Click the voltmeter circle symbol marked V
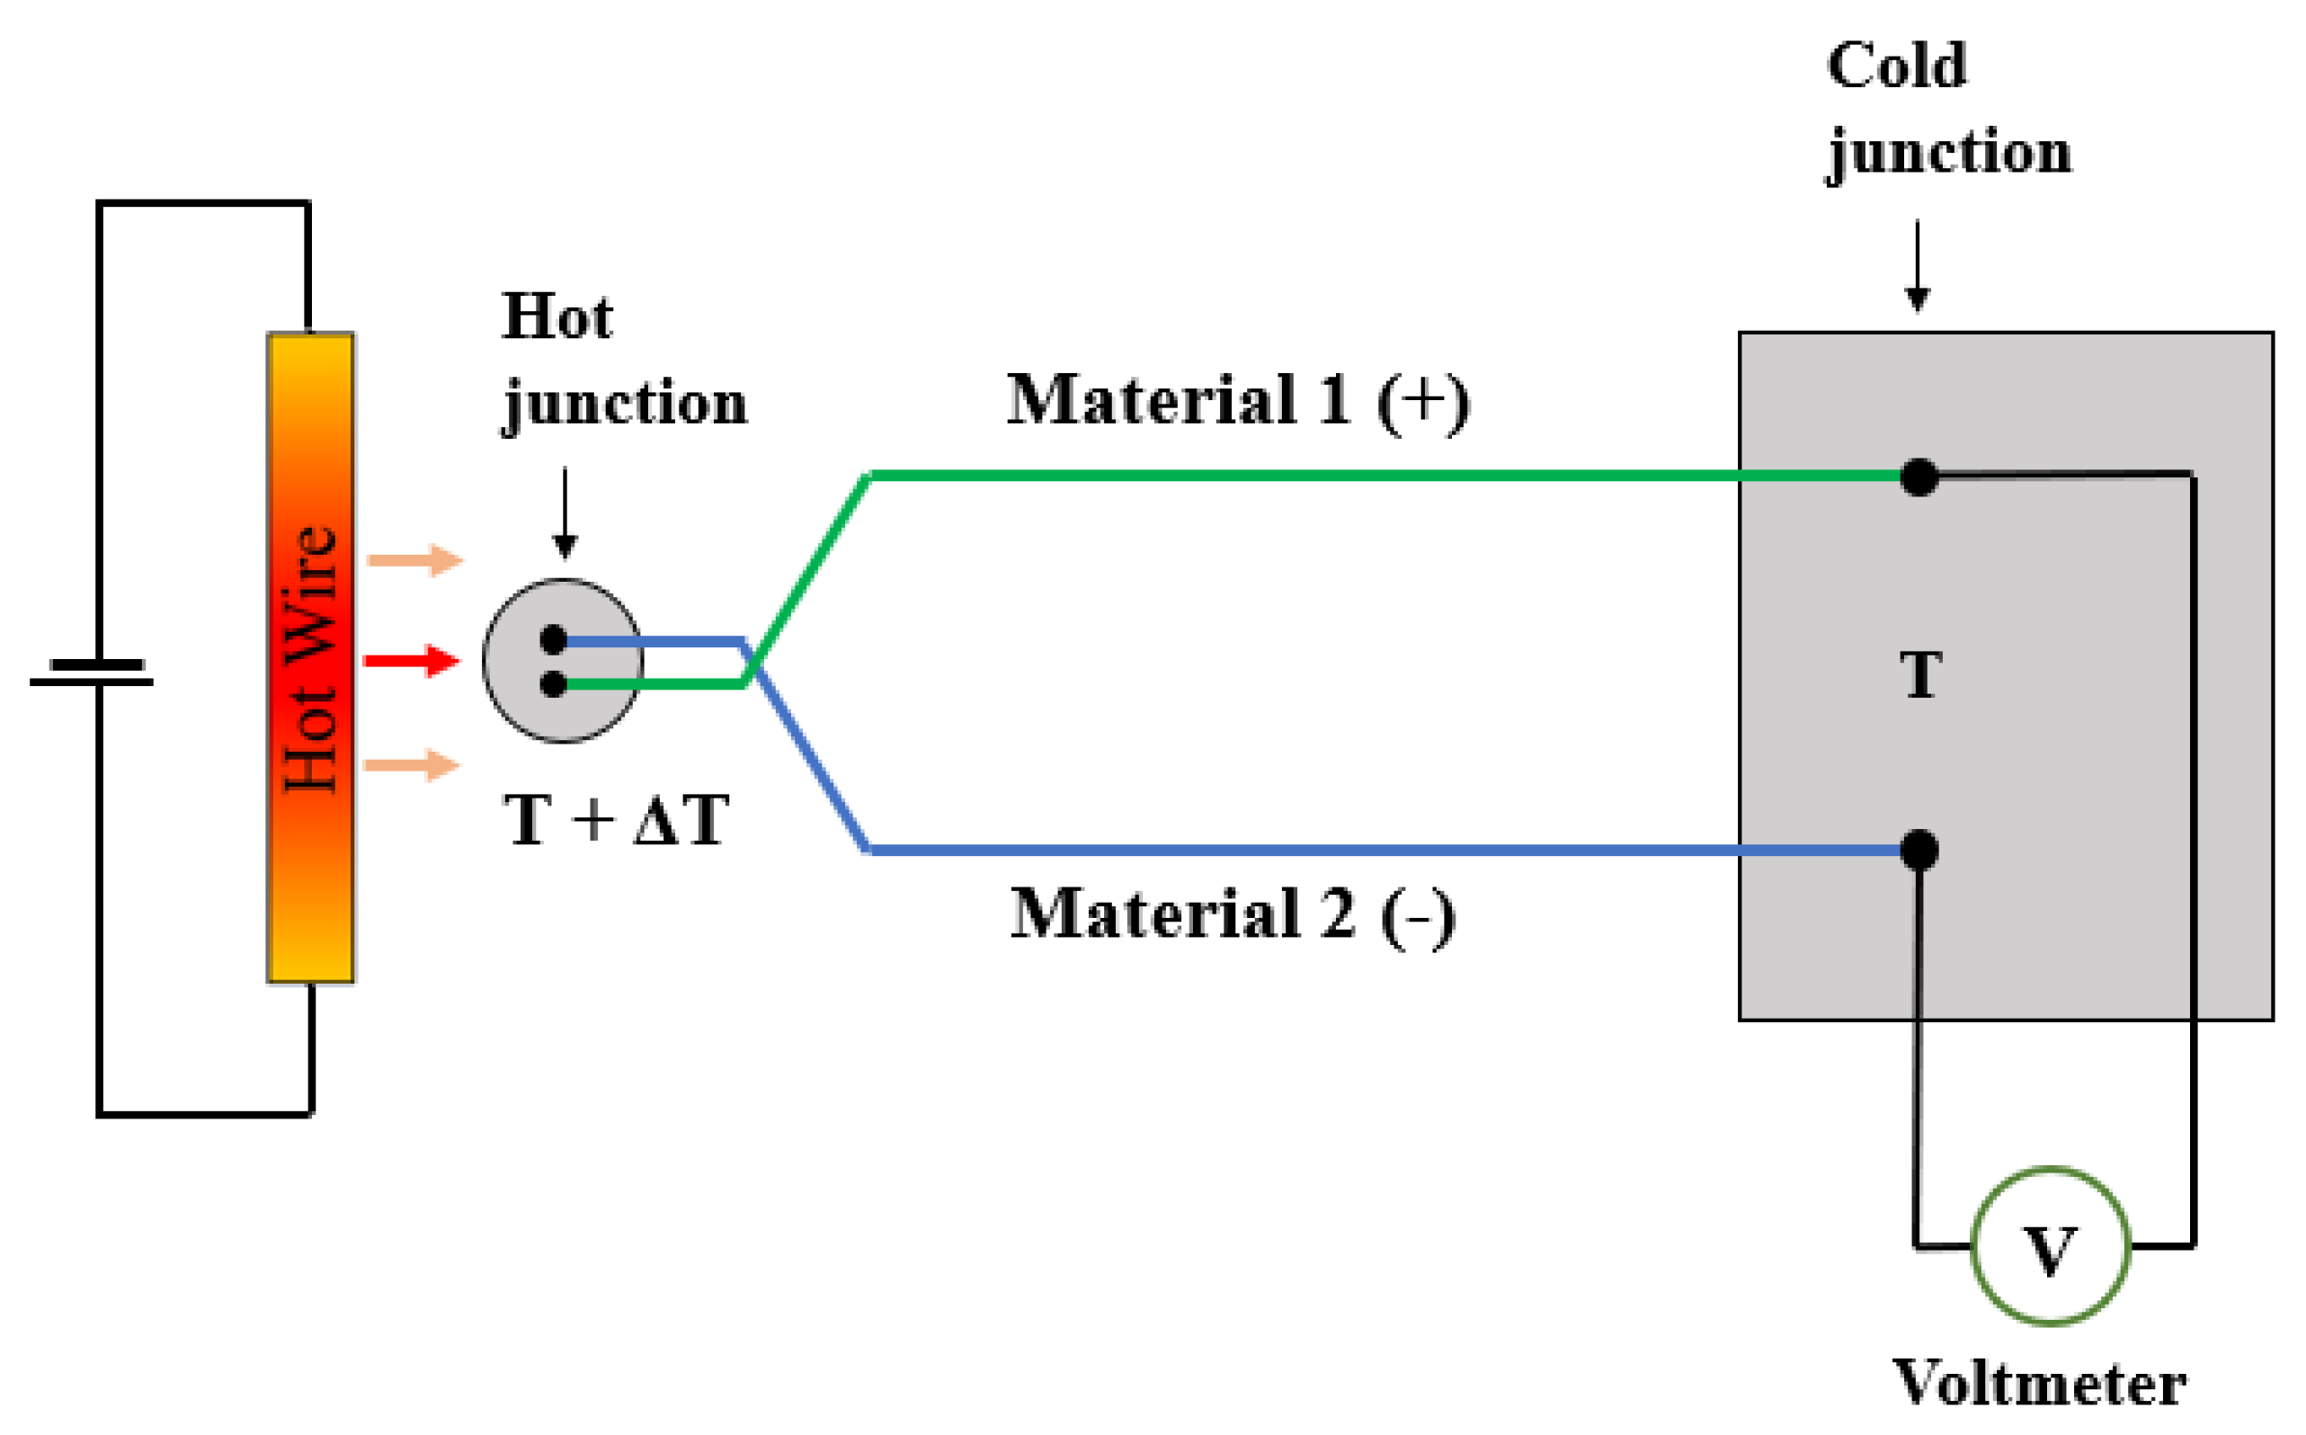(x=2049, y=1245)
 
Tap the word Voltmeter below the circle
(x=2039, y=1383)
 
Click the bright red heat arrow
(x=412, y=661)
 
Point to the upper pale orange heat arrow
(x=414, y=560)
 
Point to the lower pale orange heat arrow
(x=412, y=764)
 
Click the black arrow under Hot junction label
(x=565, y=513)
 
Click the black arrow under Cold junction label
(x=1917, y=266)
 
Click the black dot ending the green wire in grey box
(x=1919, y=477)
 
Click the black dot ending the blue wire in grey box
(x=1919, y=850)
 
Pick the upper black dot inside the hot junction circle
(x=553, y=639)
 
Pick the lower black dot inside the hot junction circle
(x=553, y=683)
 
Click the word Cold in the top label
(x=1895, y=66)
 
